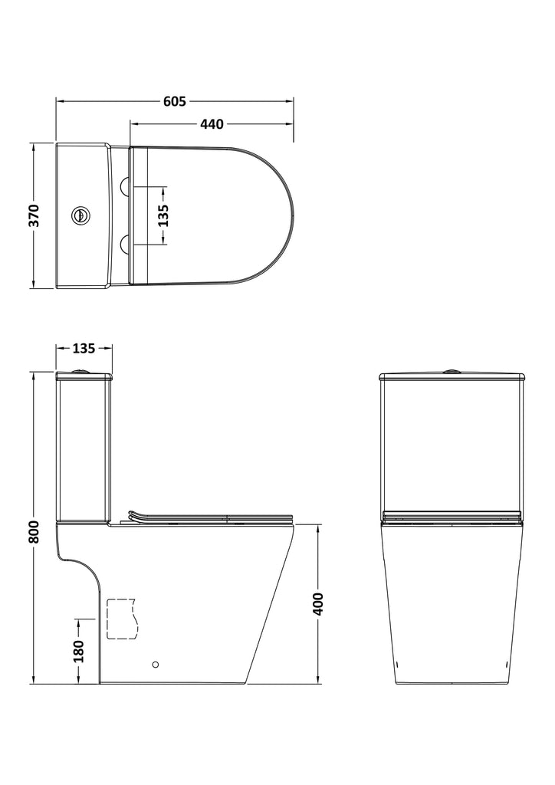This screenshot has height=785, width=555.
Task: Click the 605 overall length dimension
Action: coord(175,101)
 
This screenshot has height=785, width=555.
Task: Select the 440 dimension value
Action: coord(212,123)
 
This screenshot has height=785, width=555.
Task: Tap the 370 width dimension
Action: coord(34,215)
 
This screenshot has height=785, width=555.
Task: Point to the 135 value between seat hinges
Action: coord(163,215)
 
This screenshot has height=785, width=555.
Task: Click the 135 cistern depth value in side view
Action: coord(84,348)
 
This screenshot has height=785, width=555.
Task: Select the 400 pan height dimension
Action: coord(319,603)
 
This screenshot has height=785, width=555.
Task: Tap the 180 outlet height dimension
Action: coord(79,651)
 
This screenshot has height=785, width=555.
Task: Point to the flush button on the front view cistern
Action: coord(452,372)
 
